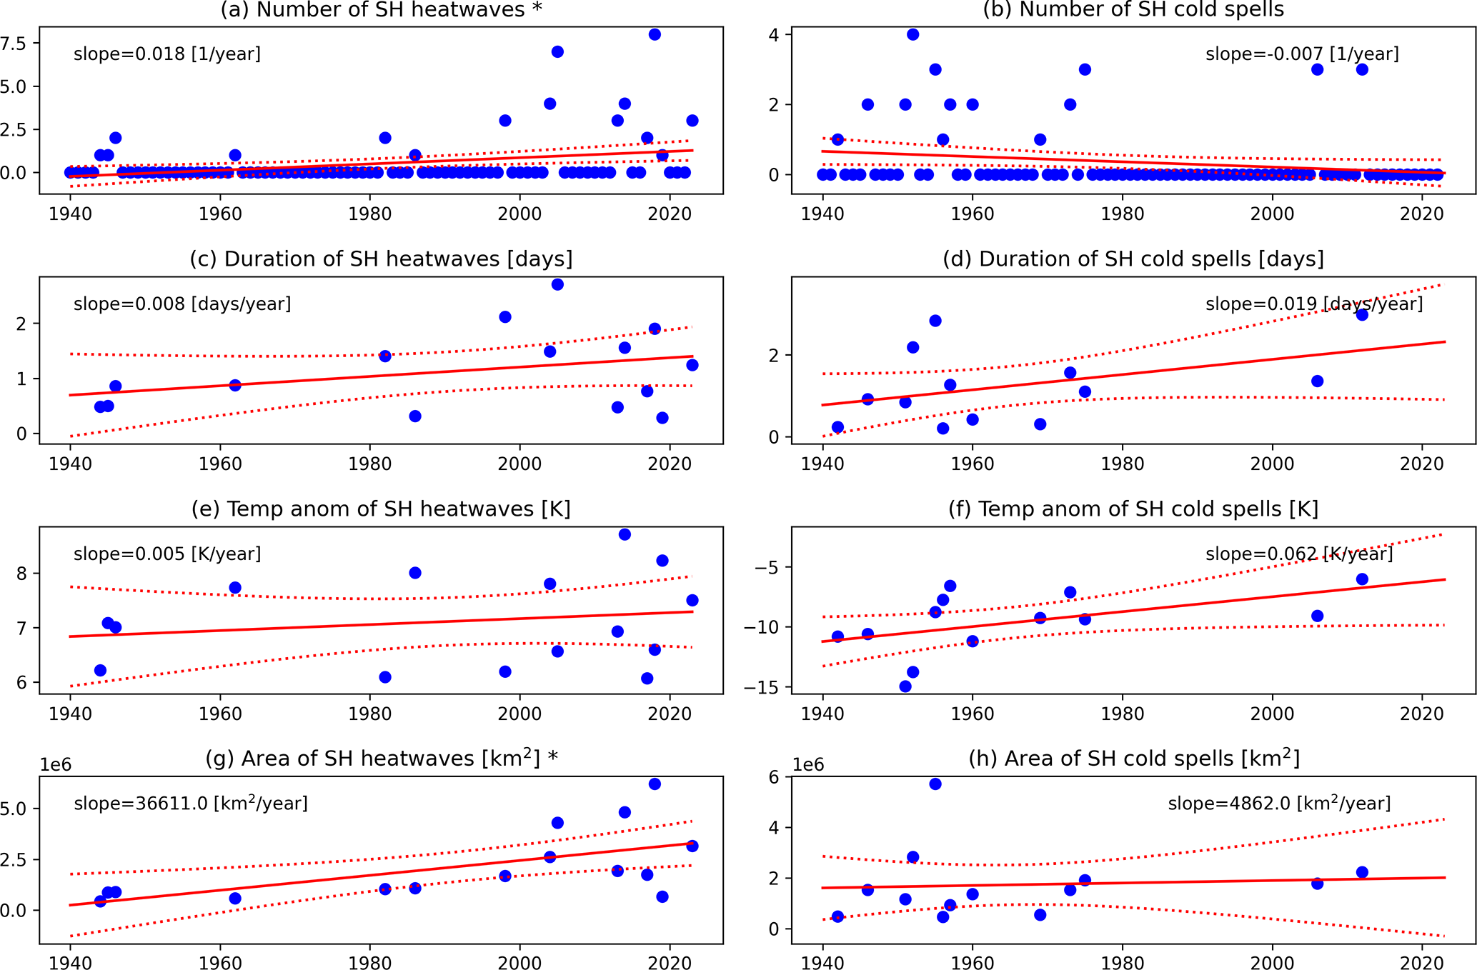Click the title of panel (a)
[381, 10]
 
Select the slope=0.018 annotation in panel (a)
[166, 54]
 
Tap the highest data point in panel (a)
[655, 34]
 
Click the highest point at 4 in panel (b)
[912, 34]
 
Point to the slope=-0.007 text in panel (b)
[1302, 54]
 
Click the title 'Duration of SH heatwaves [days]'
[381, 259]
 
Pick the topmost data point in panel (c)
[557, 284]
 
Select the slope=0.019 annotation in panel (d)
[1314, 304]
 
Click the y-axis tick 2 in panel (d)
[774, 356]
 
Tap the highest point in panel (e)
[625, 534]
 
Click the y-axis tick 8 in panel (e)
[21, 574]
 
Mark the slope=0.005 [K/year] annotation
[166, 554]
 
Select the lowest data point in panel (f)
[905, 686]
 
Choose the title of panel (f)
[1133, 509]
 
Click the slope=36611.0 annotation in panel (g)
[191, 804]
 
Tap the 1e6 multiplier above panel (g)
[56, 765]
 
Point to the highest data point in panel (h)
[935, 784]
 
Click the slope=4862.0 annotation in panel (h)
[1279, 804]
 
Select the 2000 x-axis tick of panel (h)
[1272, 963]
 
